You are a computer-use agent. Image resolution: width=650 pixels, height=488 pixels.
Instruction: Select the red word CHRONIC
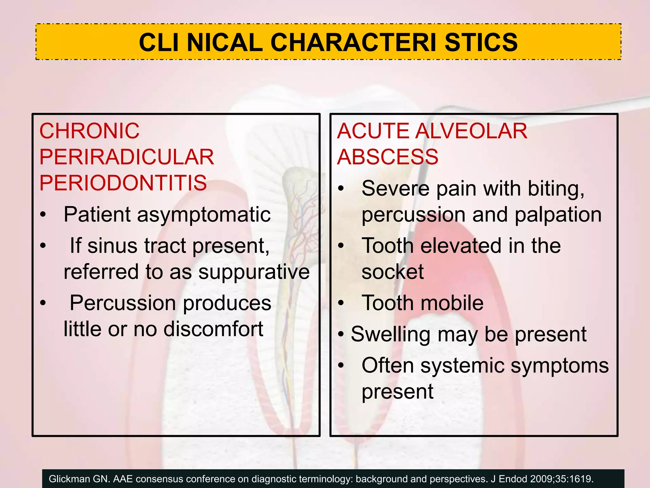pyautogui.click(x=89, y=131)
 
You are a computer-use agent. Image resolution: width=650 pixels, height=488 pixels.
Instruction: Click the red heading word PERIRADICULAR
pyautogui.click(x=127, y=157)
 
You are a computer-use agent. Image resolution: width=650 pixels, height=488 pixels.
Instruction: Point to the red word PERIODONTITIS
pyautogui.click(x=123, y=183)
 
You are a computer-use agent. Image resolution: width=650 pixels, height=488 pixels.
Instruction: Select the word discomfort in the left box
pyautogui.click(x=213, y=329)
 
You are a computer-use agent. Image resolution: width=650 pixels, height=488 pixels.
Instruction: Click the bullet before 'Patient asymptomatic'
pyautogui.click(x=43, y=215)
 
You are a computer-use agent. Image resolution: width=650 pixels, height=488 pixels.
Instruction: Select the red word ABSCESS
pyautogui.click(x=388, y=157)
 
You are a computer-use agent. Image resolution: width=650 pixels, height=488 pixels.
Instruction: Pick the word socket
pyautogui.click(x=392, y=272)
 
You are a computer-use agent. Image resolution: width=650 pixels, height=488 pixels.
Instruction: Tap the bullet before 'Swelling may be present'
pyautogui.click(x=341, y=335)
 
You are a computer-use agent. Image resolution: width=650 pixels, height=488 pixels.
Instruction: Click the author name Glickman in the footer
pyautogui.click(x=69, y=479)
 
